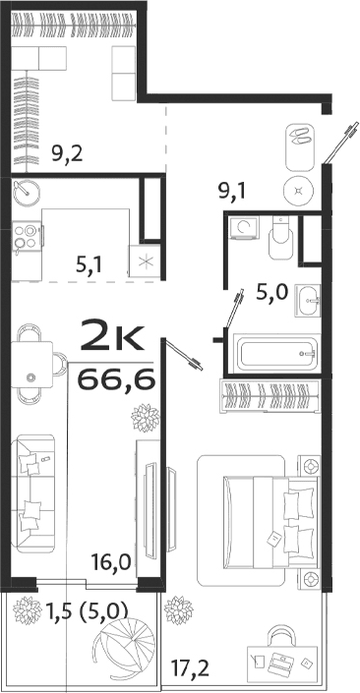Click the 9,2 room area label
67,152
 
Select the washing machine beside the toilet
243,229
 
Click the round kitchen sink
27,193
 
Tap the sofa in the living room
35,496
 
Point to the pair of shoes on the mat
299,139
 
